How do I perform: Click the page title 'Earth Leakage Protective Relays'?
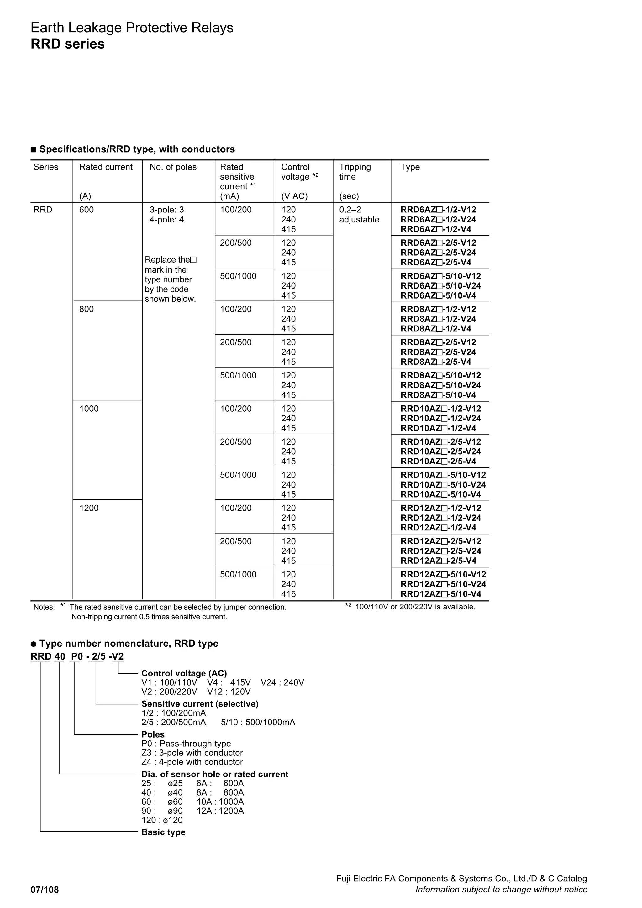click(132, 28)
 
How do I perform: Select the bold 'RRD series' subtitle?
click(68, 44)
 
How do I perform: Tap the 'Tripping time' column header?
click(355, 172)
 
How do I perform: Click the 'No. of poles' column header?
click(173, 167)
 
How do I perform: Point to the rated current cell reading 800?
click(86, 309)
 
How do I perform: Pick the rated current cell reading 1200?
click(89, 508)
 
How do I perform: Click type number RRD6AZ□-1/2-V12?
click(438, 210)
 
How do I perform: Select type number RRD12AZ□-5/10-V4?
click(441, 594)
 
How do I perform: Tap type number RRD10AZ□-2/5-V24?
click(441, 451)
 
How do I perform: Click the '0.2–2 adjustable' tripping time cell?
click(359, 215)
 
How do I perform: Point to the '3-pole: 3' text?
click(166, 210)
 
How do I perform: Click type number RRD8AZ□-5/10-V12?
click(441, 376)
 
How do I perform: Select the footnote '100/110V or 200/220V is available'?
click(415, 607)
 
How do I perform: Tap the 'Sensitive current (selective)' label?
click(200, 704)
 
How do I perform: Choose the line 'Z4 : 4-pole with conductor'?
click(192, 762)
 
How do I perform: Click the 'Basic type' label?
click(163, 832)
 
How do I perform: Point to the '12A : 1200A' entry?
click(220, 811)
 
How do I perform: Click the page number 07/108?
click(45, 890)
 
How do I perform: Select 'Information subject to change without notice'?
click(501, 890)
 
